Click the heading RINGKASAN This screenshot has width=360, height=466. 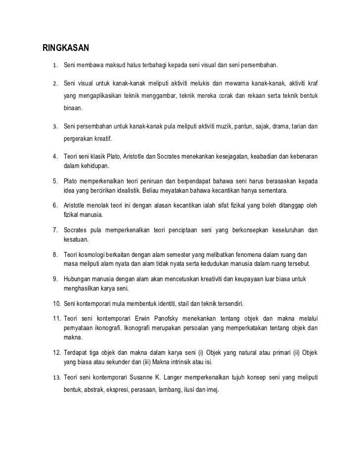point(65,48)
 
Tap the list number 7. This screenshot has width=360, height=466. point(56,230)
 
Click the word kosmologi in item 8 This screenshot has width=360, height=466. point(91,254)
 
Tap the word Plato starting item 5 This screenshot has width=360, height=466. point(72,181)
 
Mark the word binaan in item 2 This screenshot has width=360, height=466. point(74,107)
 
